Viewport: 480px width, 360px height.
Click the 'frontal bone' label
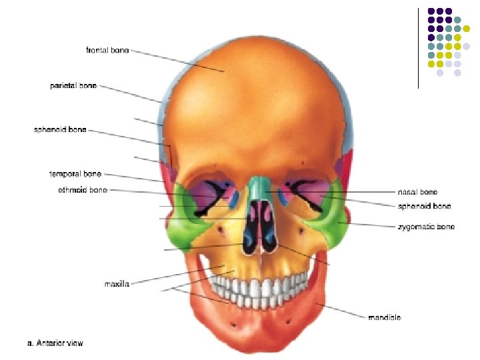click(x=107, y=49)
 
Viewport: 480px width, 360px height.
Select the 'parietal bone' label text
click(x=73, y=86)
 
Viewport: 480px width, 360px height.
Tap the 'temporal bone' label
click(x=75, y=174)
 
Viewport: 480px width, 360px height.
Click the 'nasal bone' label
click(x=417, y=192)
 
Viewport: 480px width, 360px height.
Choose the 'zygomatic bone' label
click(x=427, y=227)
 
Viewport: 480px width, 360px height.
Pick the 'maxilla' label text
click(x=117, y=285)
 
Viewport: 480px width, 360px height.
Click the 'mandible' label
click(x=385, y=318)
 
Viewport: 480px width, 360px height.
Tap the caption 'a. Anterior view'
click(x=55, y=344)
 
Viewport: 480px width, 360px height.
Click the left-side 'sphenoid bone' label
click(x=60, y=129)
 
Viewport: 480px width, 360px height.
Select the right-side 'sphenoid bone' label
click(x=424, y=206)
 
